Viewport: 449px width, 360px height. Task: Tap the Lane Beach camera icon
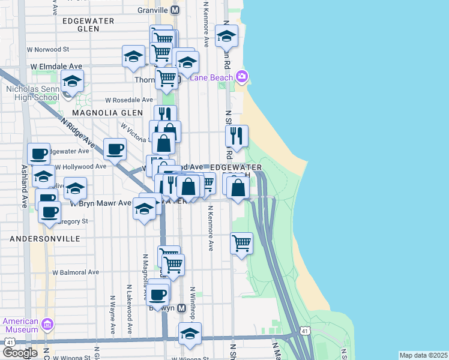coord(242,77)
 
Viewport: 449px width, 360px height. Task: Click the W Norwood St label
coord(48,49)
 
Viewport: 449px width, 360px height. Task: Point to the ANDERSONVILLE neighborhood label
coord(45,239)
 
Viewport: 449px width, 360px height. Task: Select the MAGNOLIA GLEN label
coord(107,112)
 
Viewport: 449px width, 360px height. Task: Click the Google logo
coord(20,353)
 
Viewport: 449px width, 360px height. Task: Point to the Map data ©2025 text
coord(423,355)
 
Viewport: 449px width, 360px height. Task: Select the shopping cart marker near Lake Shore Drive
coord(241,243)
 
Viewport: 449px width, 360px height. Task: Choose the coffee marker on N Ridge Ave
coord(115,149)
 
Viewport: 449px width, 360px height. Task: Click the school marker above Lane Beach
coord(226,37)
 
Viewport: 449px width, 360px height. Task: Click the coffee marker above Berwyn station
coord(158,294)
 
